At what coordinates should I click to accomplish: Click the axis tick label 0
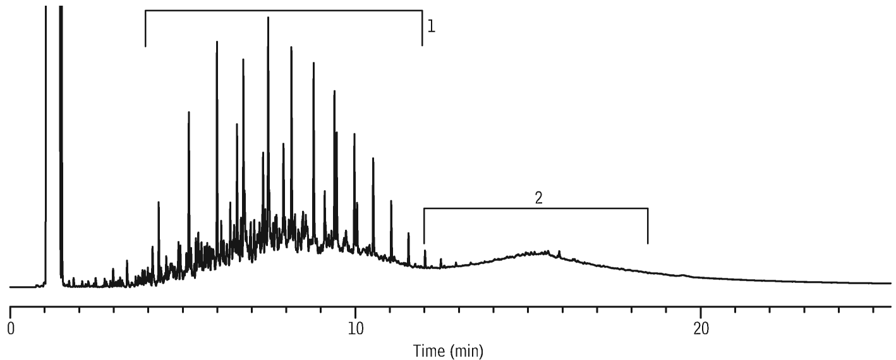coord(11,329)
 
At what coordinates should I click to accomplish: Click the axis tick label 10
coord(355,329)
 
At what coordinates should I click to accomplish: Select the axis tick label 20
coord(701,329)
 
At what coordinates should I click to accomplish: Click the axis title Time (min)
coord(448,351)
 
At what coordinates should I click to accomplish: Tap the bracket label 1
coord(431,27)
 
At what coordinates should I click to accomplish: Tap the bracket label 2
coord(538,198)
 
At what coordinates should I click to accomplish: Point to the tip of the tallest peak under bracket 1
coord(268,17)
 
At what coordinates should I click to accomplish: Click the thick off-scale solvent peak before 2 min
coord(61,140)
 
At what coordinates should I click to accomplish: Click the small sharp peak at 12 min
coord(425,251)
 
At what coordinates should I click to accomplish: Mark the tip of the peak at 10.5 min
coord(373,159)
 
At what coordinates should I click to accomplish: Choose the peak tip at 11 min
coord(390,201)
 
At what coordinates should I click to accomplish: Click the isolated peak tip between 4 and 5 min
coord(159,202)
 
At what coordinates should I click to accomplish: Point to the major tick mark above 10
coord(355,310)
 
